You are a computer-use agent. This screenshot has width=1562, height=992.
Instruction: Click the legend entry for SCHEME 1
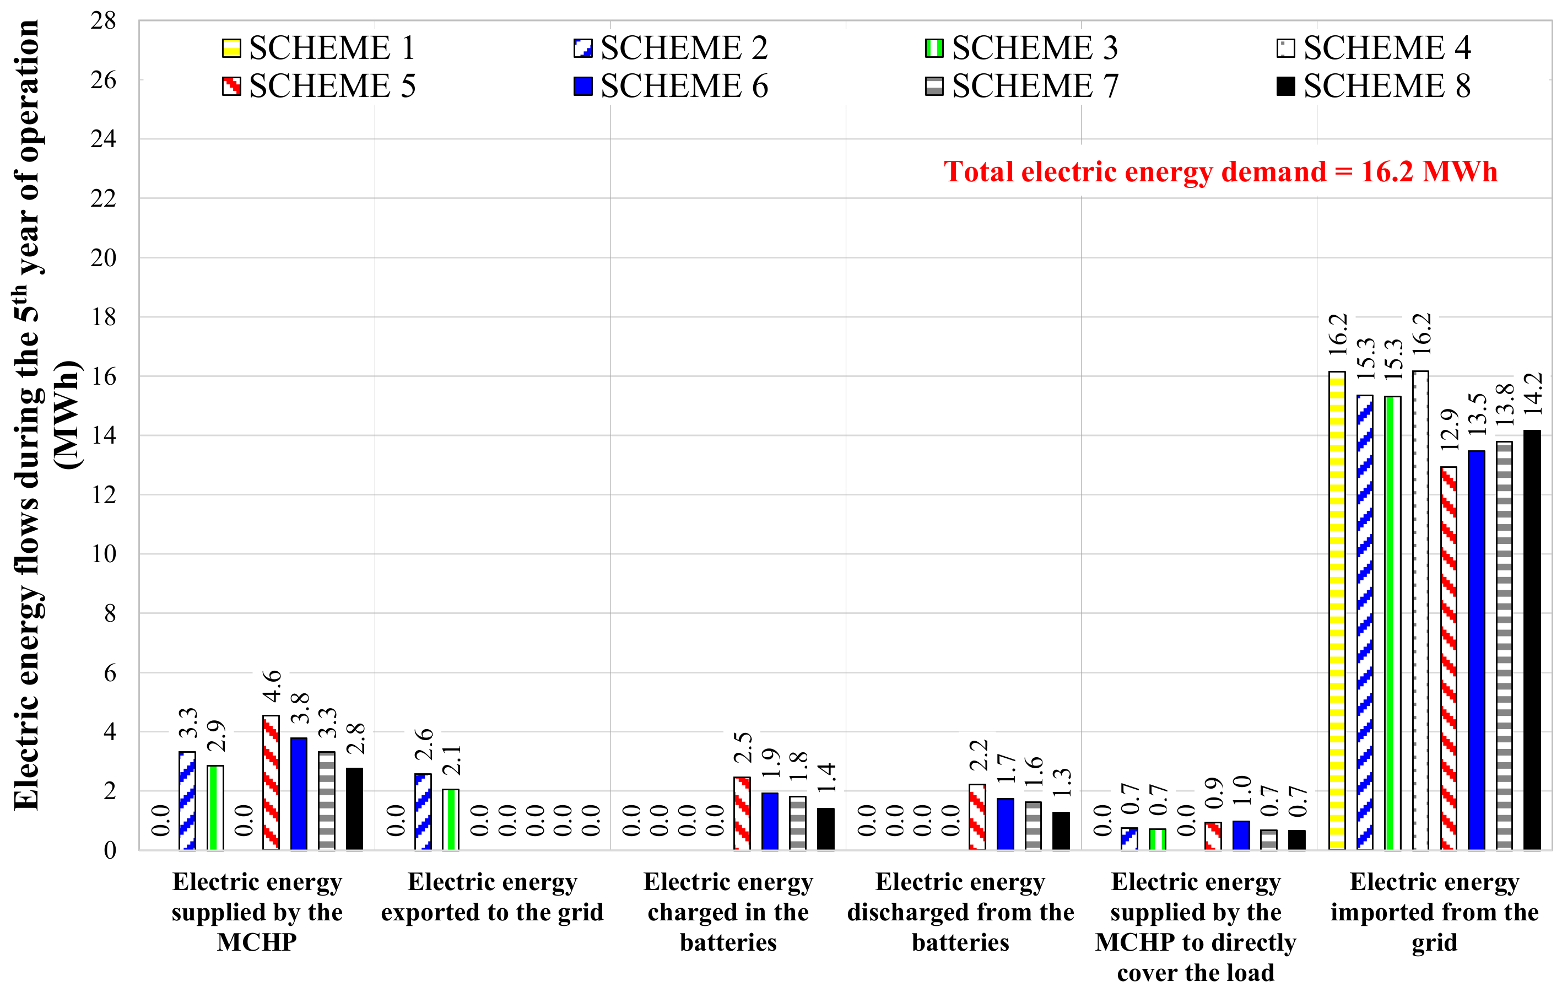318,48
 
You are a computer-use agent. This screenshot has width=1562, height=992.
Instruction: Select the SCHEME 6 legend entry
671,87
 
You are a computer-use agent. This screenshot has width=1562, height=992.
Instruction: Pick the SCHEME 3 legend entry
1021,48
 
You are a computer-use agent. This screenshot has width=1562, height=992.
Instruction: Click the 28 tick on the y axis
103,21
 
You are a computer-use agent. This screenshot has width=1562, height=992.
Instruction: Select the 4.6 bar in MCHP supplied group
271,783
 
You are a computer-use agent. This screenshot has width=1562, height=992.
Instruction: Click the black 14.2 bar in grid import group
1532,640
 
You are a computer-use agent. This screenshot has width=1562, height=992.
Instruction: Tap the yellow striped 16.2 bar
1336,610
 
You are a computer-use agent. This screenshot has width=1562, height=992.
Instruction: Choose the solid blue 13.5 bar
1475,650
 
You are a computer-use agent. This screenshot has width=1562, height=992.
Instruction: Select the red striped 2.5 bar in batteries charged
742,813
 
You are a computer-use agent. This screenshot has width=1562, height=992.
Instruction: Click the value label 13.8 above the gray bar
1504,405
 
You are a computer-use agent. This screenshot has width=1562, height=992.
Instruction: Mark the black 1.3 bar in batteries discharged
1061,831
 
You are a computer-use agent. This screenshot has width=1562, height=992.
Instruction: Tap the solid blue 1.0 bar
1240,835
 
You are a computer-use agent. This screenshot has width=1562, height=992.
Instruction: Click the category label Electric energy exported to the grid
493,897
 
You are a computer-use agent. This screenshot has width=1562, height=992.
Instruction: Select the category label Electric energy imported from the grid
1434,912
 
